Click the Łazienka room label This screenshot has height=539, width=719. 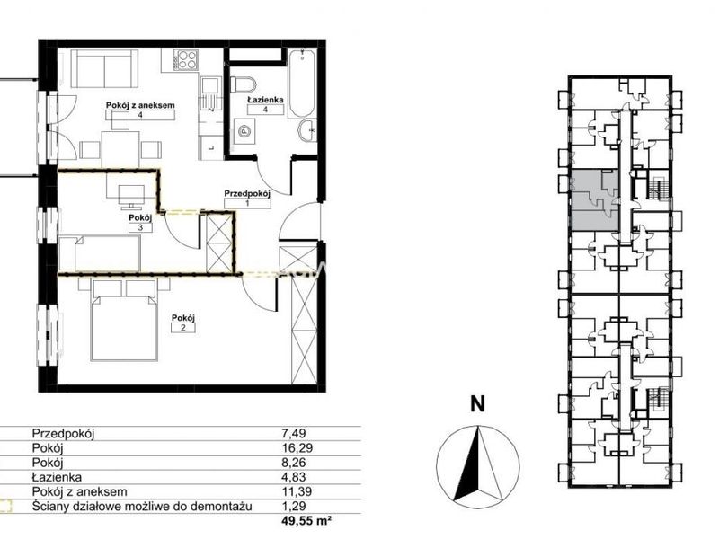[x=265, y=100]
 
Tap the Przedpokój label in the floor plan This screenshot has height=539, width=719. [x=247, y=193]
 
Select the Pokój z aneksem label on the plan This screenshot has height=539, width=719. [x=140, y=105]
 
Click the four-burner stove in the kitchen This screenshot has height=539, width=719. [x=186, y=58]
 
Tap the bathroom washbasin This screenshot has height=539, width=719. [x=307, y=131]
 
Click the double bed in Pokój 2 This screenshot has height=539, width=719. [x=124, y=319]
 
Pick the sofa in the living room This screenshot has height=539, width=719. [x=105, y=69]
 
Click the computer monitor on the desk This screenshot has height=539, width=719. [x=131, y=194]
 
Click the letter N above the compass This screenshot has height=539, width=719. [x=477, y=404]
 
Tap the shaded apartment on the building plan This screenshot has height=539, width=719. [x=594, y=199]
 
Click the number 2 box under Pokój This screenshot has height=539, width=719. [x=183, y=328]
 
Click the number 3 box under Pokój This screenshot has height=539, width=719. [x=141, y=227]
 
